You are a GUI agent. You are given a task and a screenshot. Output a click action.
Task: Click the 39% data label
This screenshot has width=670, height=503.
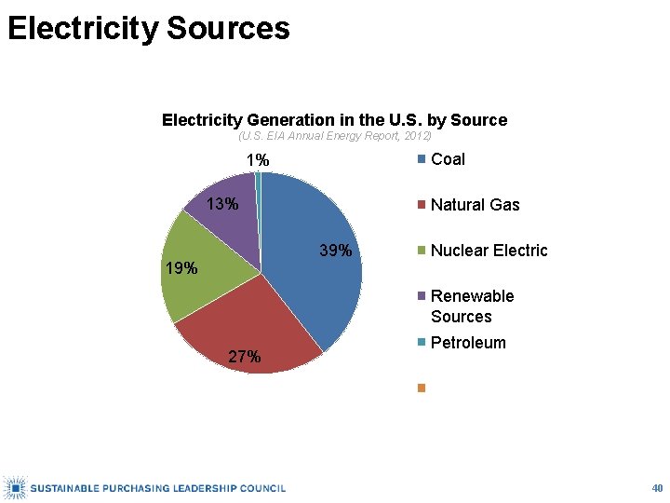pos(336,251)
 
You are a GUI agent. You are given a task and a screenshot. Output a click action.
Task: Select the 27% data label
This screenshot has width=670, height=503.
pos(245,356)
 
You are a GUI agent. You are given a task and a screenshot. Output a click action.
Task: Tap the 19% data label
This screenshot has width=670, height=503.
pos(181,268)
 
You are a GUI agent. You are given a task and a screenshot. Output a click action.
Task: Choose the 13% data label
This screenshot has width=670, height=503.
pos(222,204)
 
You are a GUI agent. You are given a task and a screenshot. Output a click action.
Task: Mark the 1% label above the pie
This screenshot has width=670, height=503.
pos(258,160)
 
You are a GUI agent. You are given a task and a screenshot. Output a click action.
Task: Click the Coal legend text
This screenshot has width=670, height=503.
pos(448,159)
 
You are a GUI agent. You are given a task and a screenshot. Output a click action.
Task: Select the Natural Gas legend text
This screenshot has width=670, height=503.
pos(476,205)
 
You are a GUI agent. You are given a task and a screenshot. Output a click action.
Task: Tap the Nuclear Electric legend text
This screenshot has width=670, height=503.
pos(489,251)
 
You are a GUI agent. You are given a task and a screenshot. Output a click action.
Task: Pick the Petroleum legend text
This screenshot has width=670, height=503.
pos(468,343)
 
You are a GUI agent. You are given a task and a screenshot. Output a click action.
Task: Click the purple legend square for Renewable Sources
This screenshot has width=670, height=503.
pos(422,296)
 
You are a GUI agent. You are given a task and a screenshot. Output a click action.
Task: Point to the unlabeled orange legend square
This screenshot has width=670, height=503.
pos(422,387)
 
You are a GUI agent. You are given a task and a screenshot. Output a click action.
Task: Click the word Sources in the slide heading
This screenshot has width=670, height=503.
pos(228,28)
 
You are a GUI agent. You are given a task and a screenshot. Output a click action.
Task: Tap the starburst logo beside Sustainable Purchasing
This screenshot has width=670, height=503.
pos(15,487)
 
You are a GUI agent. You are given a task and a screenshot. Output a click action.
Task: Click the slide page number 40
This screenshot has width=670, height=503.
pos(657,488)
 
